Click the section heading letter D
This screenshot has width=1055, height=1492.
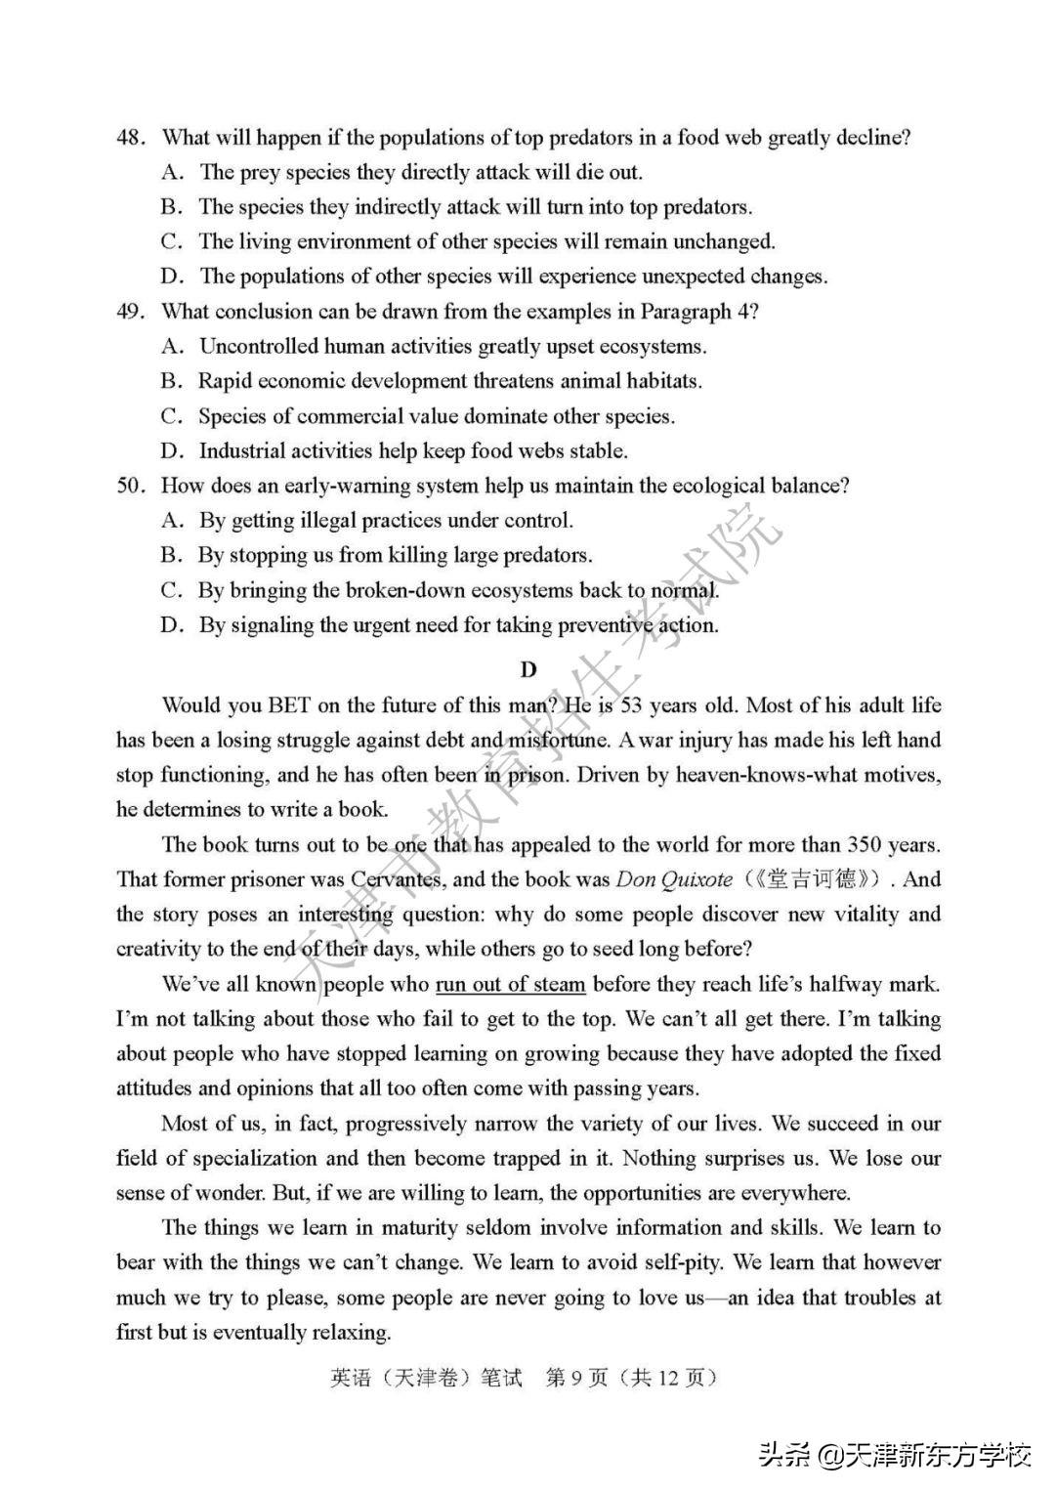click(527, 669)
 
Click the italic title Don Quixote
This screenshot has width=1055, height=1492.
click(674, 879)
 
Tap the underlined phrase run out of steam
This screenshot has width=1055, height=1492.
click(510, 984)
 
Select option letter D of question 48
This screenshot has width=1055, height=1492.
click(172, 277)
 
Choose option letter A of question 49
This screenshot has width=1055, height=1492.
click(172, 347)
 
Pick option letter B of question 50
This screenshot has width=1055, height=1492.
click(172, 556)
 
